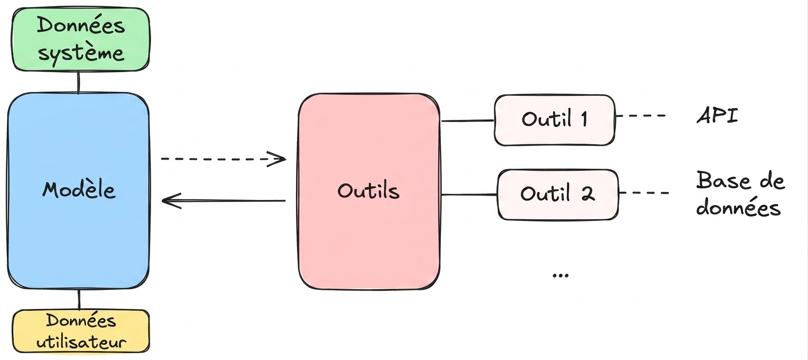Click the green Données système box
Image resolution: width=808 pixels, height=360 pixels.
81,39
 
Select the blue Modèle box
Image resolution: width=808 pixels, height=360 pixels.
78,191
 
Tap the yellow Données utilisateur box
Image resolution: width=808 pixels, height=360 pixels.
81,331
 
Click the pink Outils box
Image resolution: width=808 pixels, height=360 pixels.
369,192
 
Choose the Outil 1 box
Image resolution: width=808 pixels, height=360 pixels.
554,120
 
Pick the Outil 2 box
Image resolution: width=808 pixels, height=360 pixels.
558,195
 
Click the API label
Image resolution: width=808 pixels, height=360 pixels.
717,116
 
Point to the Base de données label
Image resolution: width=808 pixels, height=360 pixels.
740,194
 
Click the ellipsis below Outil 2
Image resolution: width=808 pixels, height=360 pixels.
561,276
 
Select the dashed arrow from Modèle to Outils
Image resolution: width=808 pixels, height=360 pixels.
224,159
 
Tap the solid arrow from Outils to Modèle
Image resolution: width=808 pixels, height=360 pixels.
224,201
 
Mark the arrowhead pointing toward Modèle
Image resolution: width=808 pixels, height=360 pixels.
171,201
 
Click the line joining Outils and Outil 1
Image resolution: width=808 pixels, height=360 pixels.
468,120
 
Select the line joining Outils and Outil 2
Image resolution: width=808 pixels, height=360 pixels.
469,195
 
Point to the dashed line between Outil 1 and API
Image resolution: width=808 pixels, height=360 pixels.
640,116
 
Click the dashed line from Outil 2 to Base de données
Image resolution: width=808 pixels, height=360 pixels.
644,193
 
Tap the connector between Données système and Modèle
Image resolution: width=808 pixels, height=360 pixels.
78,82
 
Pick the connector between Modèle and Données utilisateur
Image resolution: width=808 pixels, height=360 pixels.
79,300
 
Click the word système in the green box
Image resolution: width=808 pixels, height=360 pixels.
81,53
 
